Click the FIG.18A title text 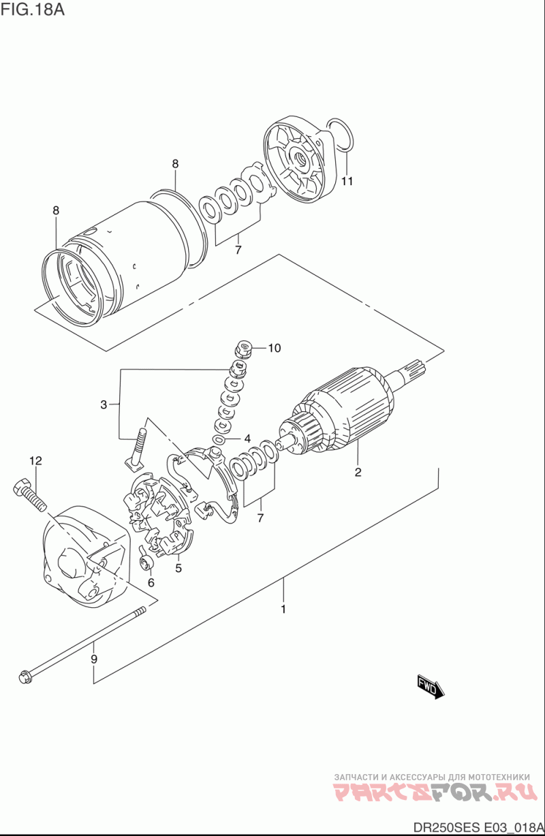[x=33, y=9]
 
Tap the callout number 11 [x=347, y=181]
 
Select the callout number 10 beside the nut [x=274, y=348]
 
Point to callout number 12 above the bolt [x=36, y=461]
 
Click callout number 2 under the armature [x=358, y=472]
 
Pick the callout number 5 [x=178, y=568]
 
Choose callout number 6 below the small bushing [x=151, y=583]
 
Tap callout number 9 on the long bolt [x=94, y=659]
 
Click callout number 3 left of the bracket [x=104, y=404]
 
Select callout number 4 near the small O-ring [x=247, y=438]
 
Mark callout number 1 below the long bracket [x=283, y=609]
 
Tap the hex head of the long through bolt [x=25, y=677]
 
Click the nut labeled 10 [x=244, y=349]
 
